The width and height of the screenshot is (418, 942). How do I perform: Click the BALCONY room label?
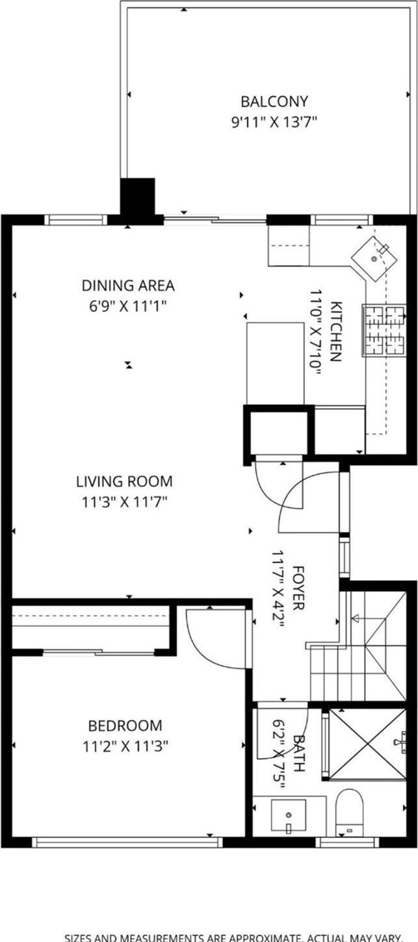point(265,101)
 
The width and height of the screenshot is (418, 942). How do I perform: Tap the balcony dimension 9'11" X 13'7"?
point(265,121)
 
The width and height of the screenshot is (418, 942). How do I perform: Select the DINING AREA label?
point(128,285)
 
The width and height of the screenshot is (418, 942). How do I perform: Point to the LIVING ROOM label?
point(124,481)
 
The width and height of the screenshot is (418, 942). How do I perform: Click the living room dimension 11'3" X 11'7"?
point(124,502)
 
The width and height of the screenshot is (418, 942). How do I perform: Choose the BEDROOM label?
point(125,725)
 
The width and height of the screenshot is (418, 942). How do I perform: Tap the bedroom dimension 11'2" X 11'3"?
point(125,746)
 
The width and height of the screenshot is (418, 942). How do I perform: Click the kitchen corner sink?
point(375,258)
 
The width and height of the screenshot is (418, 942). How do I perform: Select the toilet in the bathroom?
point(350,811)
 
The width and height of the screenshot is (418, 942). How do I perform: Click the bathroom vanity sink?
point(289,815)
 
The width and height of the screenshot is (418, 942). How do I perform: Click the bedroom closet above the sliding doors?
point(91,626)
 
